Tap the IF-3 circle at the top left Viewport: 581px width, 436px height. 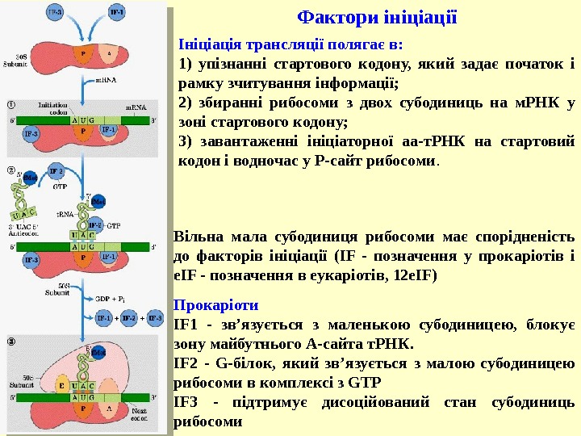[x=54, y=15]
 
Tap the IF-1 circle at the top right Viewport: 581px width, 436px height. [x=116, y=15]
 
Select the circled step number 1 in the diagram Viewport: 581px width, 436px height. [x=11, y=104]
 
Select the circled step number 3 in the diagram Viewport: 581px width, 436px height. [x=11, y=342]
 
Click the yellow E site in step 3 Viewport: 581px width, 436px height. [x=63, y=387]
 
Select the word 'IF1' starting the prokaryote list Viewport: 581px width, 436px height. [x=185, y=325]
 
